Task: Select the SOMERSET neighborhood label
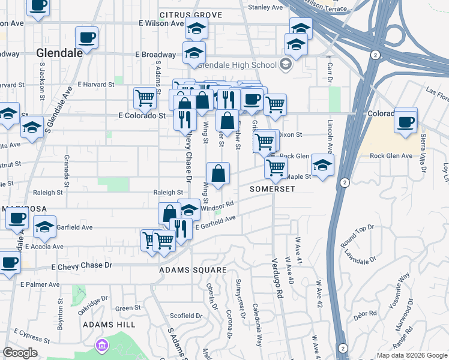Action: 273,189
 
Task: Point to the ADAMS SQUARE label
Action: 193,270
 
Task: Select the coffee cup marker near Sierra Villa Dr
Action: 406,122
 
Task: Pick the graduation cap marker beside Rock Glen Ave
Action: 322,166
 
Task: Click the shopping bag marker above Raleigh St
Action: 218,174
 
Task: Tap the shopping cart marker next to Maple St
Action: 276,168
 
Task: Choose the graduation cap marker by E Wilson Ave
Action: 196,28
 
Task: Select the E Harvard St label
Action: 96,84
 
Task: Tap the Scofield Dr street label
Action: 187,316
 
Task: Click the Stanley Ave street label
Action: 265,7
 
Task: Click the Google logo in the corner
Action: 20,353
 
